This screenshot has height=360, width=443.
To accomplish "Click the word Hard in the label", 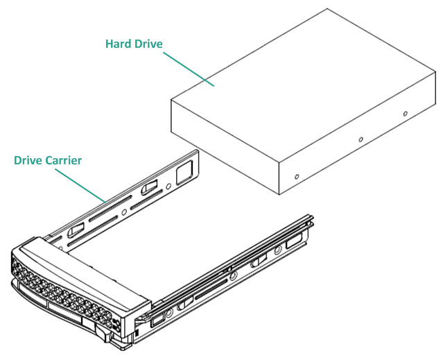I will [x=117, y=44].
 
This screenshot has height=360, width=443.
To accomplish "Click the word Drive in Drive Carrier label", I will [x=28, y=160].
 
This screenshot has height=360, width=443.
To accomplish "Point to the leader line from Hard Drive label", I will [x=188, y=69].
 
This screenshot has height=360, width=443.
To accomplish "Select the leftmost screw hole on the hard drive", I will [x=297, y=176].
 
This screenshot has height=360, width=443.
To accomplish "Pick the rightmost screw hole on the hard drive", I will [x=406, y=113].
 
